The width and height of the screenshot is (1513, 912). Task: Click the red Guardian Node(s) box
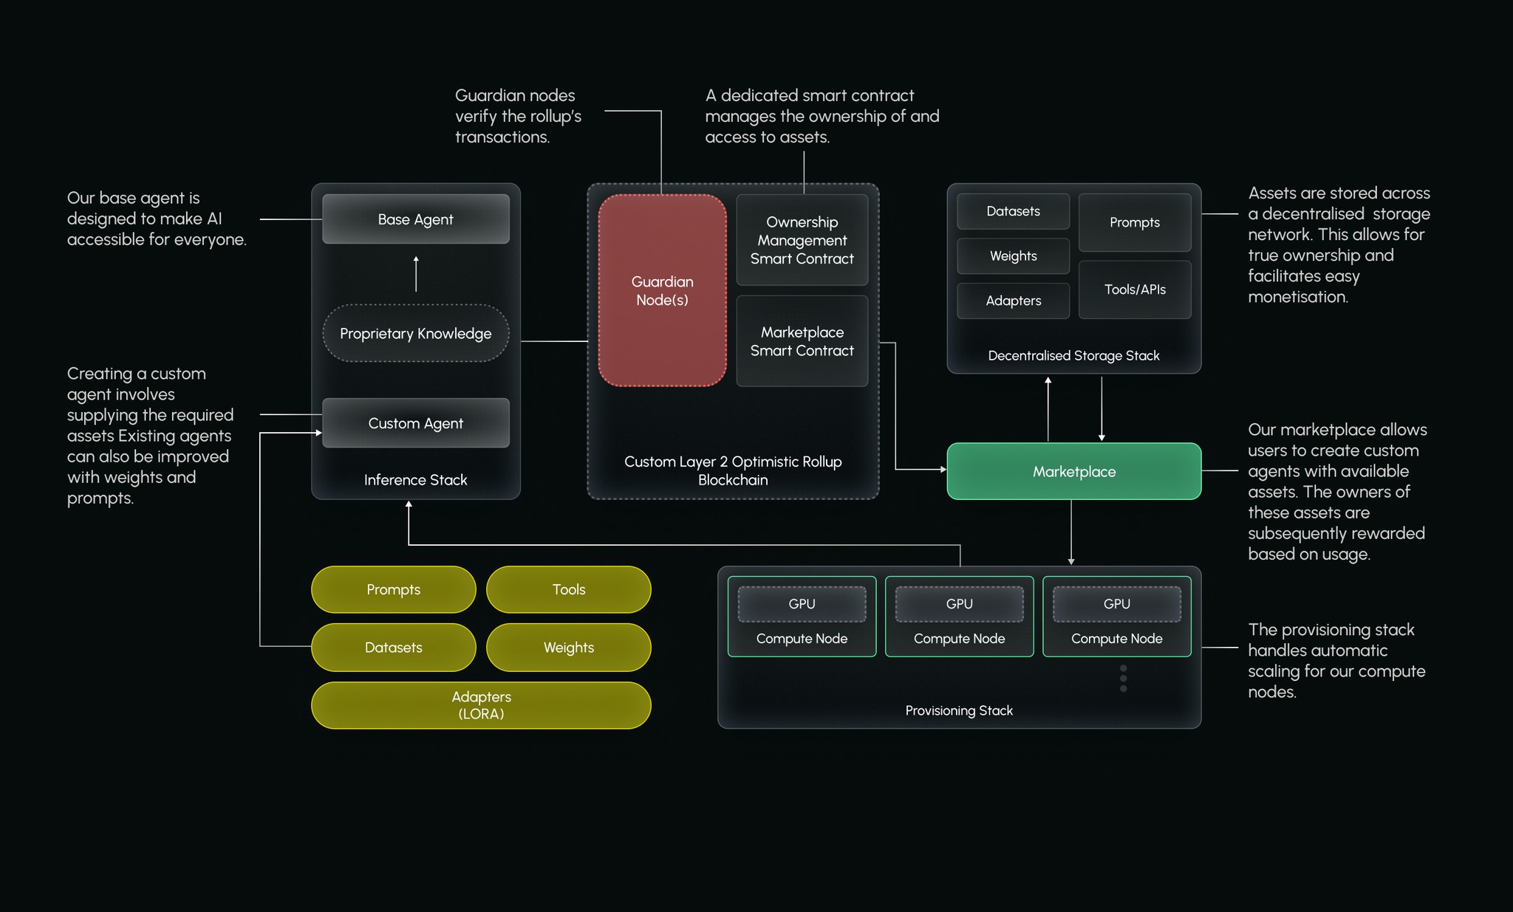pyautogui.click(x=662, y=290)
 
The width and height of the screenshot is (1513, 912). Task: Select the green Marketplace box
pyautogui.click(x=1073, y=471)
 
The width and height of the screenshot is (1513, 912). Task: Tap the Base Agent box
pyautogui.click(x=415, y=219)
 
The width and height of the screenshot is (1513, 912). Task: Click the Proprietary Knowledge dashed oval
pyautogui.click(x=415, y=333)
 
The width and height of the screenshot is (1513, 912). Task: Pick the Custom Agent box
pyautogui.click(x=415, y=423)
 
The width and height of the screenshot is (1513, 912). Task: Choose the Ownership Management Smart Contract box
pyautogui.click(x=802, y=240)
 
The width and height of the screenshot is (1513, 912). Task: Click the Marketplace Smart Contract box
pyautogui.click(x=802, y=341)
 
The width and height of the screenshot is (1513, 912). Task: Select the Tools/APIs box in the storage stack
pyautogui.click(x=1134, y=289)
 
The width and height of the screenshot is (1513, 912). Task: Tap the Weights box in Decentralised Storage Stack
pyautogui.click(x=1013, y=256)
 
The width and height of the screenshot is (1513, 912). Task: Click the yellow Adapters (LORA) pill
pyautogui.click(x=481, y=705)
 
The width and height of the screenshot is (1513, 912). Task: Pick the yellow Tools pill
pyautogui.click(x=568, y=589)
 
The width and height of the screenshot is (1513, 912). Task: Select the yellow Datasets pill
pyautogui.click(x=393, y=648)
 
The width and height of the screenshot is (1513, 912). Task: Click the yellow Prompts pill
pyautogui.click(x=393, y=589)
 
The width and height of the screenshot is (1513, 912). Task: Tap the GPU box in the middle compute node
pyautogui.click(x=959, y=604)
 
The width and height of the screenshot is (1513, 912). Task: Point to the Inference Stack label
pyautogui.click(x=415, y=480)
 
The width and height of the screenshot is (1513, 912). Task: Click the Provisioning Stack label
pyautogui.click(x=958, y=710)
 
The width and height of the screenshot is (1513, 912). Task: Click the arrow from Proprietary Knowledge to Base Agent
pyautogui.click(x=416, y=274)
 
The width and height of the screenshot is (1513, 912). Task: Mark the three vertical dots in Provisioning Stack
pyautogui.click(x=1123, y=678)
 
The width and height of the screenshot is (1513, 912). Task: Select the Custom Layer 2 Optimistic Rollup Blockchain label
pyautogui.click(x=733, y=470)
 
